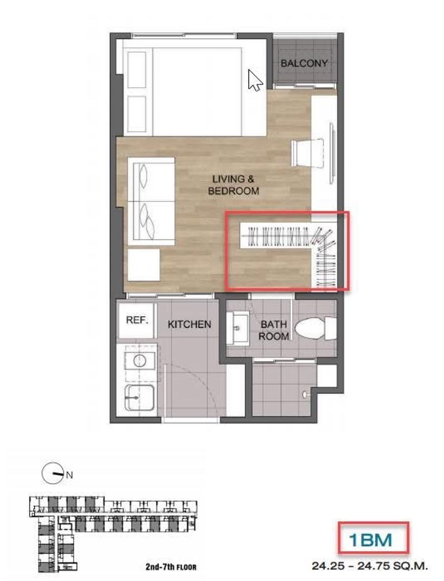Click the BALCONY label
click(304, 63)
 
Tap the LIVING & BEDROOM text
click(233, 185)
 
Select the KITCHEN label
click(189, 325)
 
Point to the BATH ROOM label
click(273, 330)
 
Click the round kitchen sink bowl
click(140, 360)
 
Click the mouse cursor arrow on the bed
click(255, 80)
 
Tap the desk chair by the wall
click(308, 153)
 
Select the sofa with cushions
click(151, 201)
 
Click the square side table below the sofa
click(144, 265)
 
